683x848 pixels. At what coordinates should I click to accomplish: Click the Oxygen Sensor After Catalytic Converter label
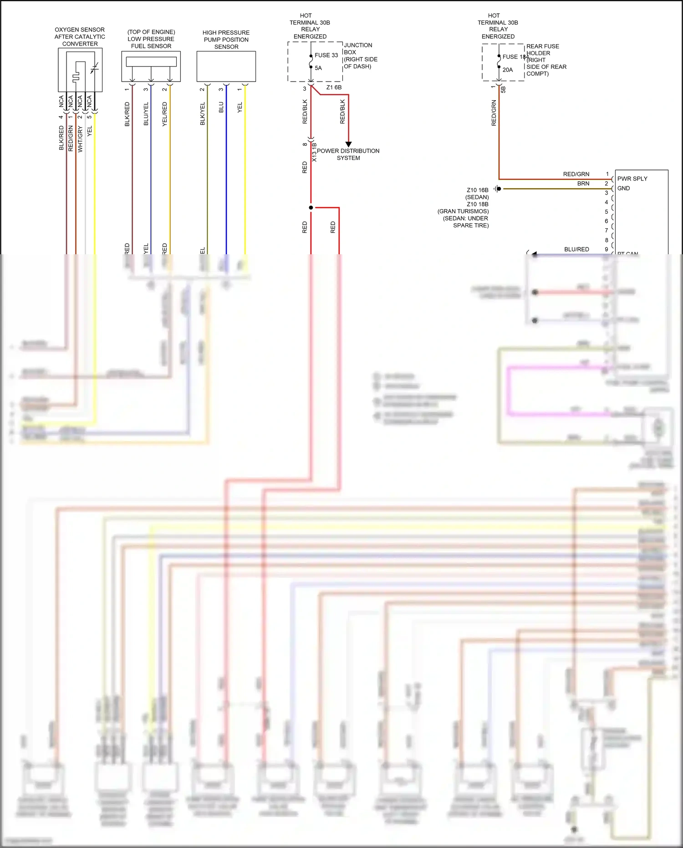click(80, 37)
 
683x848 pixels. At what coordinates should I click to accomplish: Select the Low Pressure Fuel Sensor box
click(151, 66)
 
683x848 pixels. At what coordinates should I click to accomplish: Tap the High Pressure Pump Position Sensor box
click(226, 66)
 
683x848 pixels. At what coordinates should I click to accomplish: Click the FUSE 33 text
click(326, 55)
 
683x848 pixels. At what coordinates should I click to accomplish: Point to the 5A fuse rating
click(318, 68)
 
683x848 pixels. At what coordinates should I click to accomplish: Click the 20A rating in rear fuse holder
click(508, 70)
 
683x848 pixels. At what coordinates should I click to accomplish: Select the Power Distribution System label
click(348, 154)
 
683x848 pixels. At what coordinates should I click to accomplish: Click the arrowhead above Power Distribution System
click(348, 144)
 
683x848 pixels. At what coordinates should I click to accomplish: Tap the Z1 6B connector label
click(334, 87)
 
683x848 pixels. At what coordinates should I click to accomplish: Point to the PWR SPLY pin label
click(632, 179)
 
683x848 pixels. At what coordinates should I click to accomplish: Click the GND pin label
click(623, 188)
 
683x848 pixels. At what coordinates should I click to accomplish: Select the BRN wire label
click(583, 184)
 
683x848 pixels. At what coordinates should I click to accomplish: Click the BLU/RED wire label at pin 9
click(576, 249)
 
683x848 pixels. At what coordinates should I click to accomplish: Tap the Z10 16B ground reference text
click(477, 190)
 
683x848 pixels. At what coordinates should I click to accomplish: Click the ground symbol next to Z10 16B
click(497, 189)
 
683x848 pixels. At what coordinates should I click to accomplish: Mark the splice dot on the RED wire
click(311, 207)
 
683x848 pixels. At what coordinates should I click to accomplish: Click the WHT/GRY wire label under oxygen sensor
click(80, 139)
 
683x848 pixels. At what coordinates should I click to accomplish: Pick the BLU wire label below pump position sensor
click(221, 108)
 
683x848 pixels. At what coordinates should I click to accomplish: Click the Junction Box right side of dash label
click(360, 56)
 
